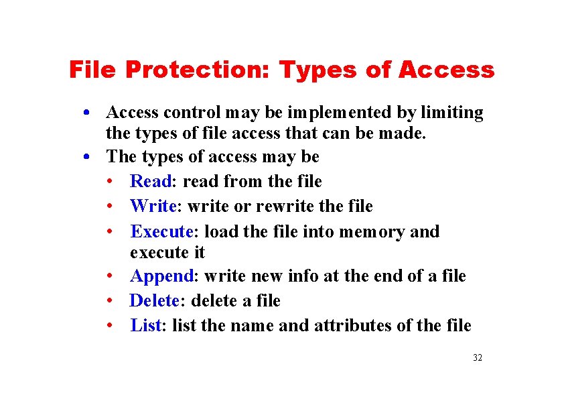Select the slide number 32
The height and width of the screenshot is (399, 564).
tap(478, 357)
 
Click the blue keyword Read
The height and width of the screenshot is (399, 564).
tap(151, 181)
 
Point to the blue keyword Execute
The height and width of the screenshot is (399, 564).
tap(161, 231)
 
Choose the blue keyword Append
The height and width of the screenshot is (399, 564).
tap(161, 276)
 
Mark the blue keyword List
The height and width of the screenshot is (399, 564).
tap(145, 325)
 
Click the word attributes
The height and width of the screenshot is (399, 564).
tap(353, 325)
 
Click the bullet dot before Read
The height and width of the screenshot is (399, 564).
tap(109, 182)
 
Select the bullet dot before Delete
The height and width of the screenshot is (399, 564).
tap(109, 301)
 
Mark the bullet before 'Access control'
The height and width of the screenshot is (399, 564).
tap(88, 112)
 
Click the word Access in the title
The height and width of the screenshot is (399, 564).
tap(446, 70)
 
